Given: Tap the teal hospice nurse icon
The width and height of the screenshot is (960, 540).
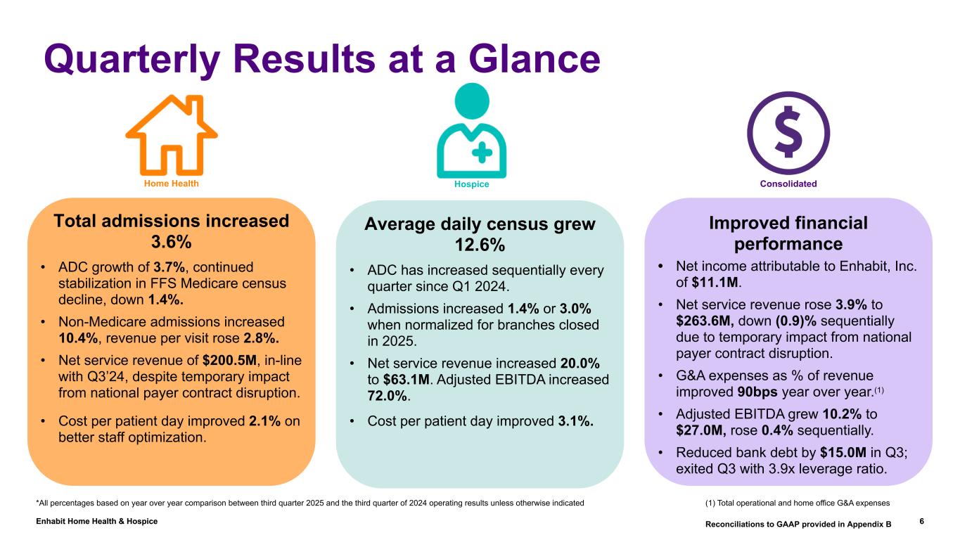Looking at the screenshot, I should (x=471, y=132).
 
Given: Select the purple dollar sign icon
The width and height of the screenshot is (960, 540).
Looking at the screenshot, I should (x=788, y=133).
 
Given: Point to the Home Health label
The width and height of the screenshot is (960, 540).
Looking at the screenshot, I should (x=172, y=184).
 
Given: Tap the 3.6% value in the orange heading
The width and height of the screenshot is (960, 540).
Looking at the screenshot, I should (x=172, y=242).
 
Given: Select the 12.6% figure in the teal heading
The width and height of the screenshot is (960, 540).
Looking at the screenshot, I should (x=480, y=245).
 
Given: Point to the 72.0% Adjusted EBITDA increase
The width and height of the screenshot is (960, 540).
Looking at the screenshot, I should (x=388, y=396).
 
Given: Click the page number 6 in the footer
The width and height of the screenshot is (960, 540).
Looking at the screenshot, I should (x=921, y=522).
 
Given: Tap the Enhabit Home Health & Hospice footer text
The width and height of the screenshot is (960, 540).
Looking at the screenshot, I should (x=96, y=521).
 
